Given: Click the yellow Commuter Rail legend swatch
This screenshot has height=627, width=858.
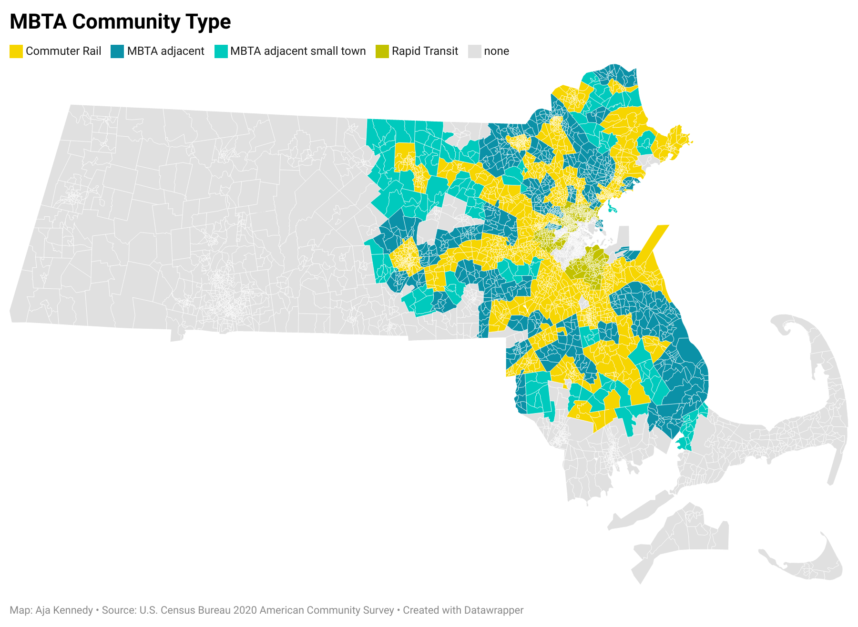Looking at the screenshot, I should pos(16,51).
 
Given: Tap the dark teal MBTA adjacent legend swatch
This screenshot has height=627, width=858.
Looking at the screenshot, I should pos(117,51).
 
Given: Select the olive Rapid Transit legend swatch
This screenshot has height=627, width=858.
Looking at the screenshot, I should pos(382,51).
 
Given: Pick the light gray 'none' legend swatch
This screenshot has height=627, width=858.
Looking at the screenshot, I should pos(475,51).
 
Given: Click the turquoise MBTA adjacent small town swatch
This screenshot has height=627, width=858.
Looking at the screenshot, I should pos(221,51).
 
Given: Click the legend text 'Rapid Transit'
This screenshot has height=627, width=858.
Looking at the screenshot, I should pos(425,51).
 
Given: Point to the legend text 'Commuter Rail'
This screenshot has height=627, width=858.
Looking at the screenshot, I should pos(63,51).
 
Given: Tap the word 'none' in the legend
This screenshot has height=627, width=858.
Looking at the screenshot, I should pos(497,51).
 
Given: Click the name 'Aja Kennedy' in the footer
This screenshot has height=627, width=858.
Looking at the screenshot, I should pos(64,610).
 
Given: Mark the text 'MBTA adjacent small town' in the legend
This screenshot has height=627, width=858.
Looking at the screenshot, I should pos(298,51).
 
